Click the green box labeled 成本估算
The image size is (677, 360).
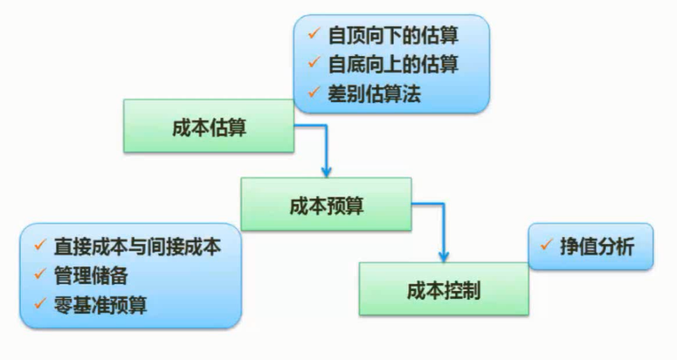click(209, 128)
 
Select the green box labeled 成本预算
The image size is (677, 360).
click(326, 206)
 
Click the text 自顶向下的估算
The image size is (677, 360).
click(392, 38)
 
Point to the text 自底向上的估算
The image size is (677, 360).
click(392, 65)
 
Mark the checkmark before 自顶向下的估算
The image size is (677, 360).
click(312, 38)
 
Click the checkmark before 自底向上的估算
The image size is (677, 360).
click(312, 65)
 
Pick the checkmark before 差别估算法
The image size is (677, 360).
click(312, 93)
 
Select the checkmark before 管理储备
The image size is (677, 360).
click(39, 276)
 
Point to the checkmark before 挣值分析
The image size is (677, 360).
click(547, 246)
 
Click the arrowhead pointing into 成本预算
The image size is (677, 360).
click(326, 170)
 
